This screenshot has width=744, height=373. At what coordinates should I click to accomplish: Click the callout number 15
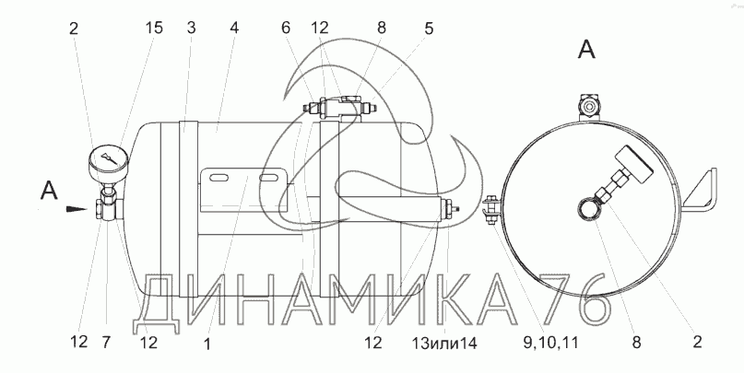pos(154,28)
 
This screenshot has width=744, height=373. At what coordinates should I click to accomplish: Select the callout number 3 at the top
pos(191,28)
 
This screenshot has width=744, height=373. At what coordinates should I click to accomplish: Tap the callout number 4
pos(234,28)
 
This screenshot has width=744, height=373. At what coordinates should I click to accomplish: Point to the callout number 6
pos(285,28)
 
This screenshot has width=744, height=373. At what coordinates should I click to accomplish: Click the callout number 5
pos(429,29)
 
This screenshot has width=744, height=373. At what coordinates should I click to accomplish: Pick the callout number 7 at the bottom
pos(106,342)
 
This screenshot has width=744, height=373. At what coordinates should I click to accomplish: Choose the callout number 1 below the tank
pos(207,344)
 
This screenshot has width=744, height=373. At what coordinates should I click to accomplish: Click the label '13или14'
pos(444,343)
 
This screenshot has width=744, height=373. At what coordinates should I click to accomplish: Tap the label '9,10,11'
pos(550,343)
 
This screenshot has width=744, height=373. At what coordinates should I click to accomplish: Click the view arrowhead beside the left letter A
pos(77,208)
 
